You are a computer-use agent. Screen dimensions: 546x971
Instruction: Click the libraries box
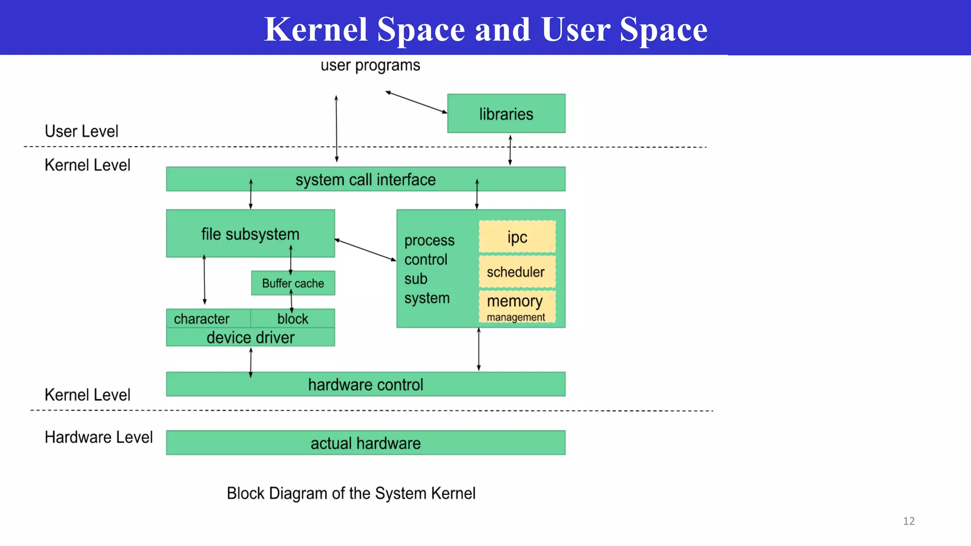[506, 114]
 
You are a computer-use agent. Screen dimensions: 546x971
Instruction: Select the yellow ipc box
[517, 237]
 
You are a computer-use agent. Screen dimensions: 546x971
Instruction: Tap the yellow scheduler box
[517, 272]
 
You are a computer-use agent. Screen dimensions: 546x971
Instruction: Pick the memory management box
[517, 307]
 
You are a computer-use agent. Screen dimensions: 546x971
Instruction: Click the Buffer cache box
[293, 283]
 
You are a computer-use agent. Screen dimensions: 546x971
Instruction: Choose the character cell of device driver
[202, 318]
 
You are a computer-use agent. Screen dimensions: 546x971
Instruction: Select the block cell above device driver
[293, 318]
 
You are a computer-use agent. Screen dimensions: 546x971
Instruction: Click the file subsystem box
[250, 234]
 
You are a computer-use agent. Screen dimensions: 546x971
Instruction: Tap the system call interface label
[365, 180]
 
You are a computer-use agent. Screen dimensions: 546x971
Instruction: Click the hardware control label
[365, 384]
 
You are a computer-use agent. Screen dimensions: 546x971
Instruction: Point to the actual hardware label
[365, 443]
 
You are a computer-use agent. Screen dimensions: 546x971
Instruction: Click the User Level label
[82, 131]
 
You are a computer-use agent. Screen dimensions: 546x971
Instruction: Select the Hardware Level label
[99, 437]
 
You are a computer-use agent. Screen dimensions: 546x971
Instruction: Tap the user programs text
[370, 65]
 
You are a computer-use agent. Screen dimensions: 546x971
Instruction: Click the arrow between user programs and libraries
[416, 102]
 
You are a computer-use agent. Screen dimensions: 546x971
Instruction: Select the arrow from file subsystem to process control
[365, 250]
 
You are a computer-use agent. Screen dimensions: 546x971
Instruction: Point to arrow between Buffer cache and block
[292, 301]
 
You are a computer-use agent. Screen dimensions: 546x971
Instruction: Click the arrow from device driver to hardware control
[251, 363]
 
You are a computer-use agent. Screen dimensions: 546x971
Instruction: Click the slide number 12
[908, 521]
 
